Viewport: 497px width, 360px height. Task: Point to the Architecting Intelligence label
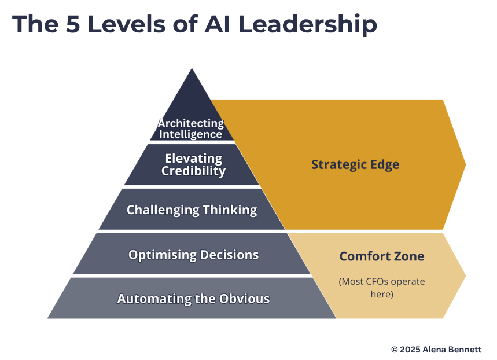pos(191,128)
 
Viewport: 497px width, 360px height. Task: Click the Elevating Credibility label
pos(193,164)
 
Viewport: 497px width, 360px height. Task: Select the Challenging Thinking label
pos(192,210)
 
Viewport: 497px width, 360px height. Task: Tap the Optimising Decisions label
pos(193,255)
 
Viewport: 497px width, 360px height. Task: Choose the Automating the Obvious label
pos(193,299)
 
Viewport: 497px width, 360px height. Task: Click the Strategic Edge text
pos(355,164)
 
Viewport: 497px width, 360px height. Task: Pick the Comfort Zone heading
pos(381,256)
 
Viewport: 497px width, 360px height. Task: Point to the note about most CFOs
pos(381,288)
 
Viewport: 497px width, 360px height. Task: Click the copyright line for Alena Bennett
pos(436,350)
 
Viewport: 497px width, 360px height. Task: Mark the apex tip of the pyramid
pos(192,69)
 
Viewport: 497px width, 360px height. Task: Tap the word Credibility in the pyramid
pos(193,171)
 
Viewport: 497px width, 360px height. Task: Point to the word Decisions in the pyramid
pos(229,255)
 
